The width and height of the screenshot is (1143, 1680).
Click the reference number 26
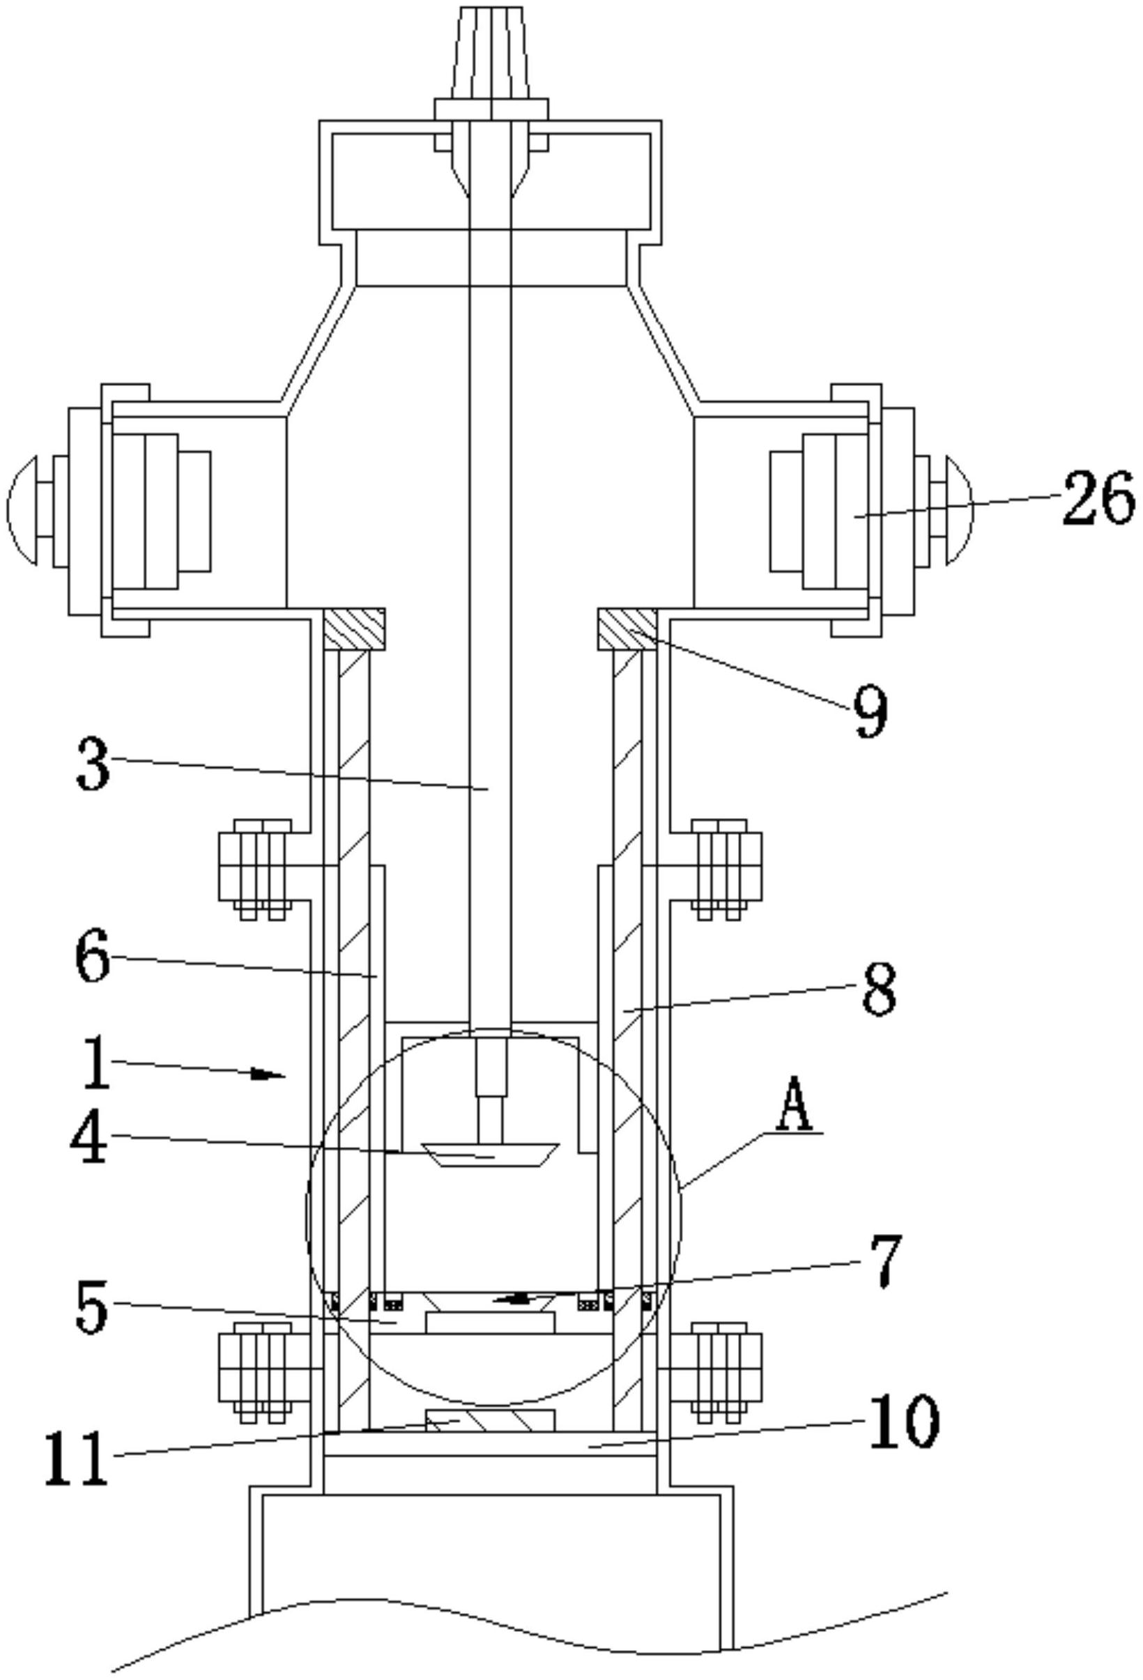(1098, 498)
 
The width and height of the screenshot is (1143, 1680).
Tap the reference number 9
(870, 711)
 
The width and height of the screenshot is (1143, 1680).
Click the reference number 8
(878, 989)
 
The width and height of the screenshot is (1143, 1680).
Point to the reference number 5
(93, 1308)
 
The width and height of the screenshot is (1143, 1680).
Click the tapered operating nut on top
(490, 55)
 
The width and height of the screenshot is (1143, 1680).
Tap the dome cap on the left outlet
(21, 509)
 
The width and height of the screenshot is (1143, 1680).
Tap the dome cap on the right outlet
(960, 509)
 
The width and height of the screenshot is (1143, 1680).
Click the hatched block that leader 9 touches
(627, 629)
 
